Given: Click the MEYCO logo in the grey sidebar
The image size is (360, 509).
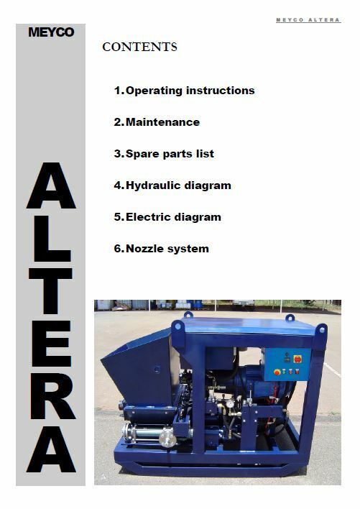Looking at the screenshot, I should (x=50, y=32).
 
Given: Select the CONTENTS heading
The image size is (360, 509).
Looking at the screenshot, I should (x=139, y=47).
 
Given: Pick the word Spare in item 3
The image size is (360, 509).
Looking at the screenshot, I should (x=142, y=154).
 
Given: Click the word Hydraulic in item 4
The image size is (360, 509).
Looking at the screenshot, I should (x=152, y=185).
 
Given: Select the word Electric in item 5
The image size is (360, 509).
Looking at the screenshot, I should (x=148, y=217).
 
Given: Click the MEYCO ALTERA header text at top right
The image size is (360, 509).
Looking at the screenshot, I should (x=308, y=20).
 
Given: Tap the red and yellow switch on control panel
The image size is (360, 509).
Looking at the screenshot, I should (x=297, y=359).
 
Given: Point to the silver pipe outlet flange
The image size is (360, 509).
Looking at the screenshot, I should (x=167, y=438).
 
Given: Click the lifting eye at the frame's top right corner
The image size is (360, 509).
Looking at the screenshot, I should (x=320, y=329).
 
